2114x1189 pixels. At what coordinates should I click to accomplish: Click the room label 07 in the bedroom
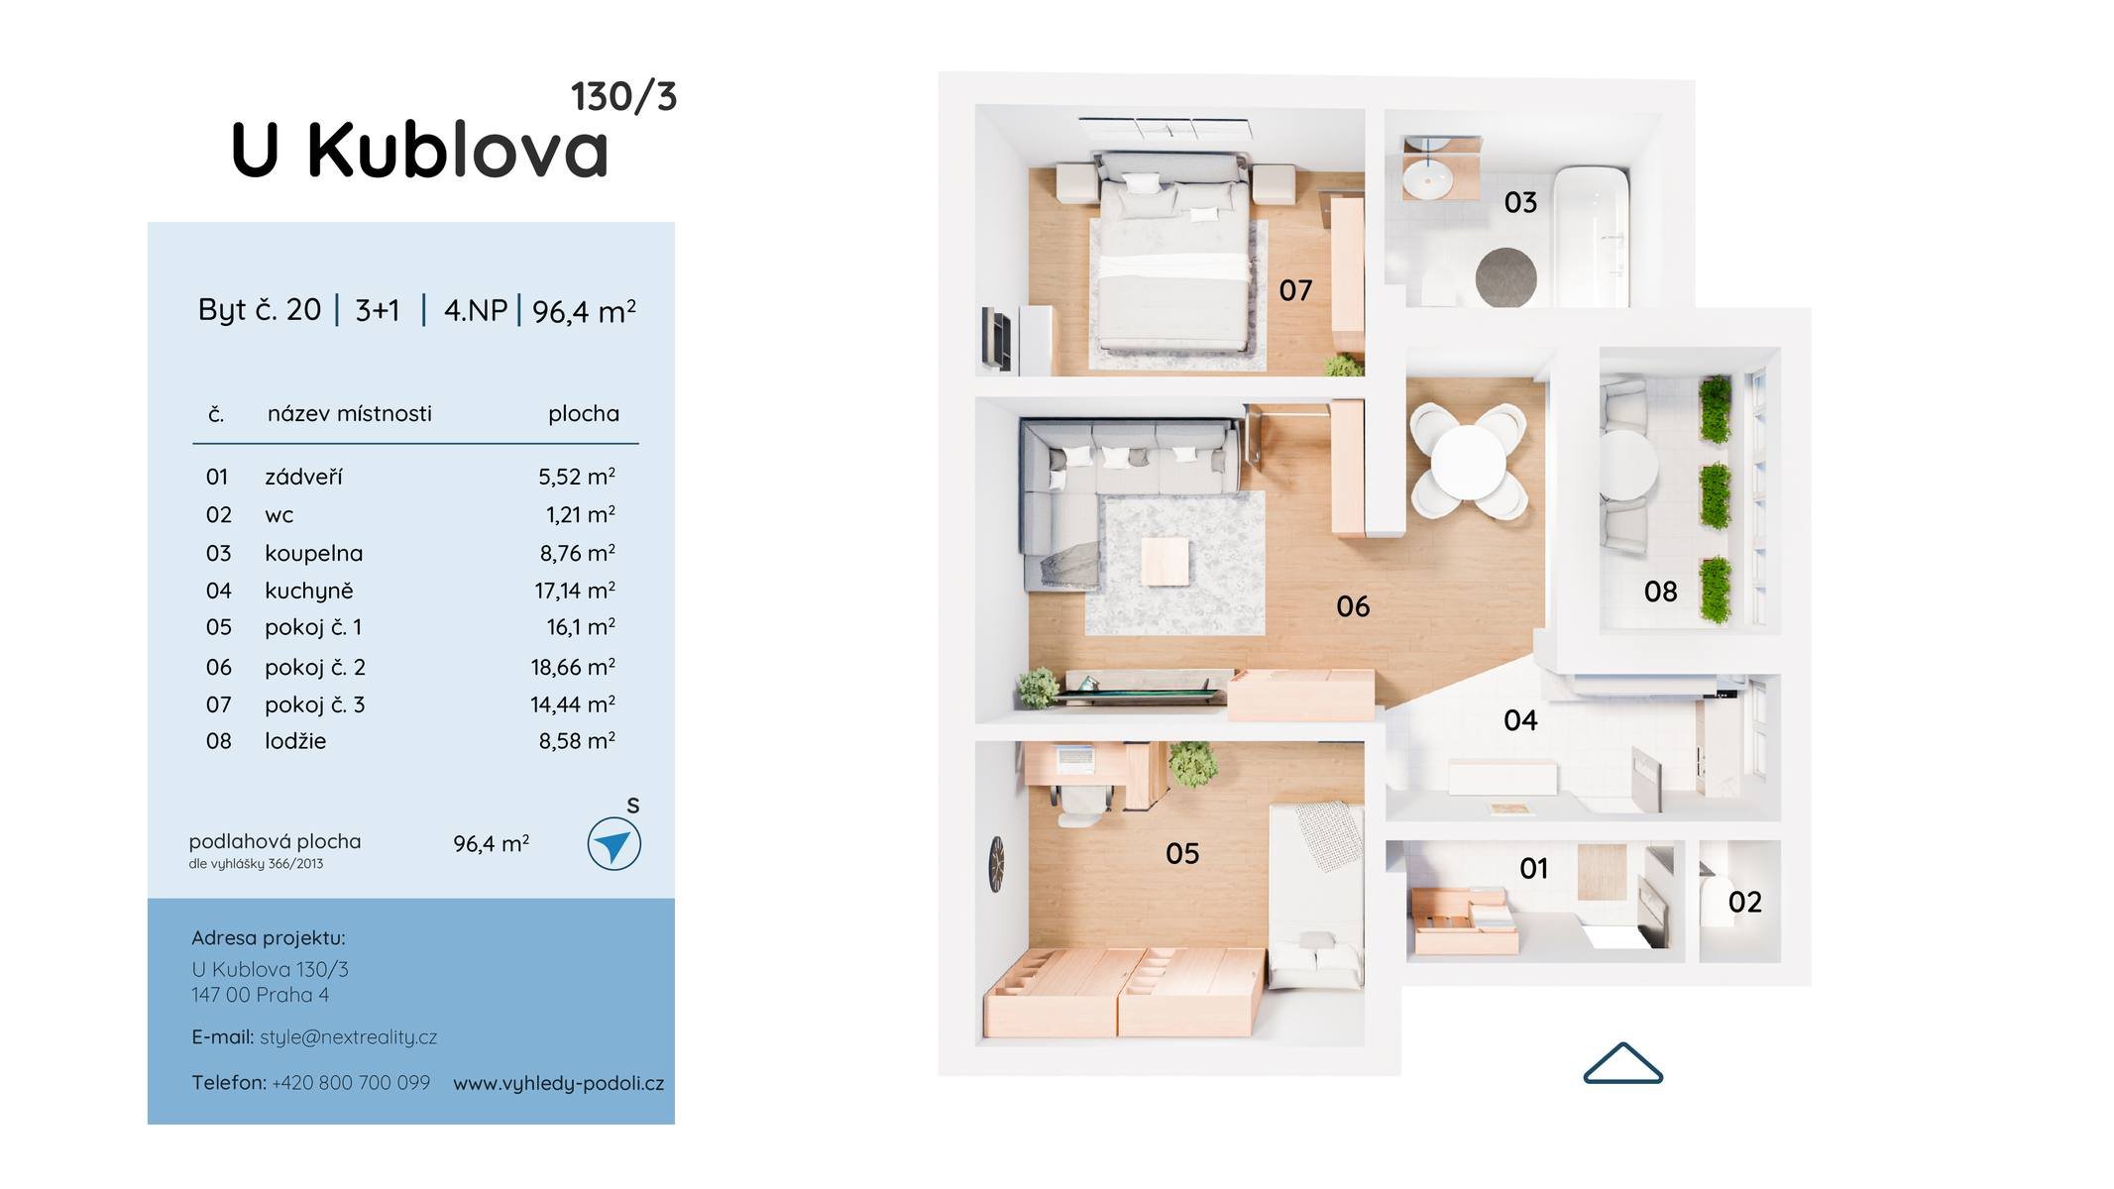[1295, 290]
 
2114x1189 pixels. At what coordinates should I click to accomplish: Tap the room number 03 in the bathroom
[1520, 202]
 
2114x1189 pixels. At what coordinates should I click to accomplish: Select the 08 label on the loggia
[1660, 592]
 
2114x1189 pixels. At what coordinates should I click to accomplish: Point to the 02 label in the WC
[1744, 902]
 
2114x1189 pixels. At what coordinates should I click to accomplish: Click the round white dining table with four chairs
[1468, 462]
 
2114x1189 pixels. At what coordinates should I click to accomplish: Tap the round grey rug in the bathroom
[1505, 277]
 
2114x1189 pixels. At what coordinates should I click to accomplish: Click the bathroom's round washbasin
[1427, 180]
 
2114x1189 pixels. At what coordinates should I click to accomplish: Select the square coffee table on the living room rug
[1165, 561]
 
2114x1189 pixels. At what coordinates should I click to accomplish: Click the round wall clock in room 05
[996, 863]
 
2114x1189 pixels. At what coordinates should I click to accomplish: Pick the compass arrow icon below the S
[613, 844]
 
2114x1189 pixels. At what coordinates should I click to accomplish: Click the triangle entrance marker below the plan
[1622, 1063]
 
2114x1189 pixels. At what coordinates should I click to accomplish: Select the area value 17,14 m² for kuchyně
[575, 591]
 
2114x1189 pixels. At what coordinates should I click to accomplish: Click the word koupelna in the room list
[313, 553]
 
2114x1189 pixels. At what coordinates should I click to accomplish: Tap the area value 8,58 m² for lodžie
[577, 741]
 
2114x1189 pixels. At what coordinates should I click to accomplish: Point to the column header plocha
[584, 414]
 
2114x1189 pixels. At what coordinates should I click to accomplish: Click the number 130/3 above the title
[623, 97]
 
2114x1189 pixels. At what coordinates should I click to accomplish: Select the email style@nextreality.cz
[348, 1037]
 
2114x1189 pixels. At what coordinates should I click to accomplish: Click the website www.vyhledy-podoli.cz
[559, 1084]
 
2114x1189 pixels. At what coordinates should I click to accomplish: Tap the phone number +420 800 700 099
[351, 1083]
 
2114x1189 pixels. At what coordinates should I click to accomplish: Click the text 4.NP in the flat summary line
[476, 310]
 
